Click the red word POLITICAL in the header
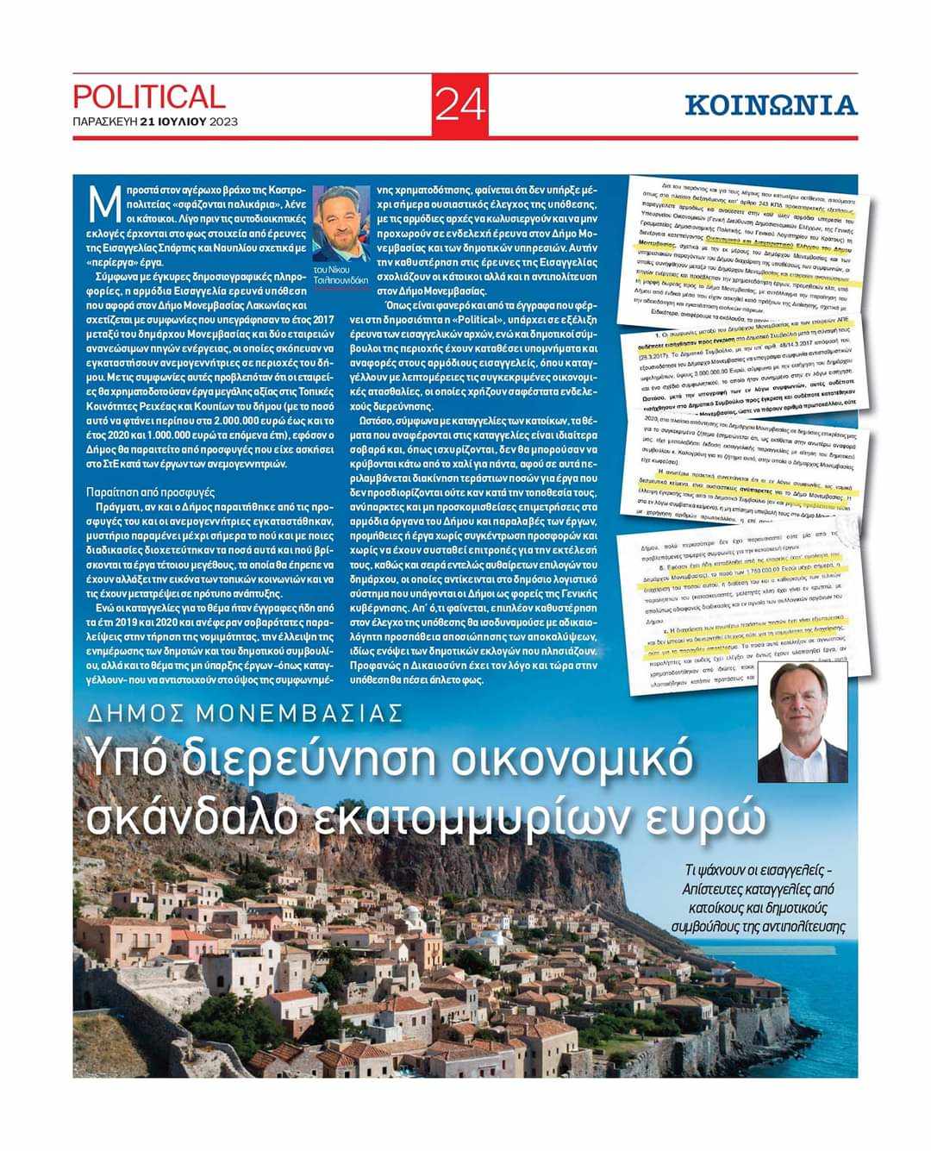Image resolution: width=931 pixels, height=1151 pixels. (148, 96)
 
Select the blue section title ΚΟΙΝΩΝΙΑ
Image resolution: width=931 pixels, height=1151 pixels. (771, 105)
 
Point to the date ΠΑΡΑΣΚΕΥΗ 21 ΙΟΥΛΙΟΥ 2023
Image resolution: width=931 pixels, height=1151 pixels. (154, 122)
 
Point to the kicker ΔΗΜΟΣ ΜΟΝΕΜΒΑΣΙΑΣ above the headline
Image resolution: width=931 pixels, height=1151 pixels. (247, 713)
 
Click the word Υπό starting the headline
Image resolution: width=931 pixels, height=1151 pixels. (126, 759)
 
